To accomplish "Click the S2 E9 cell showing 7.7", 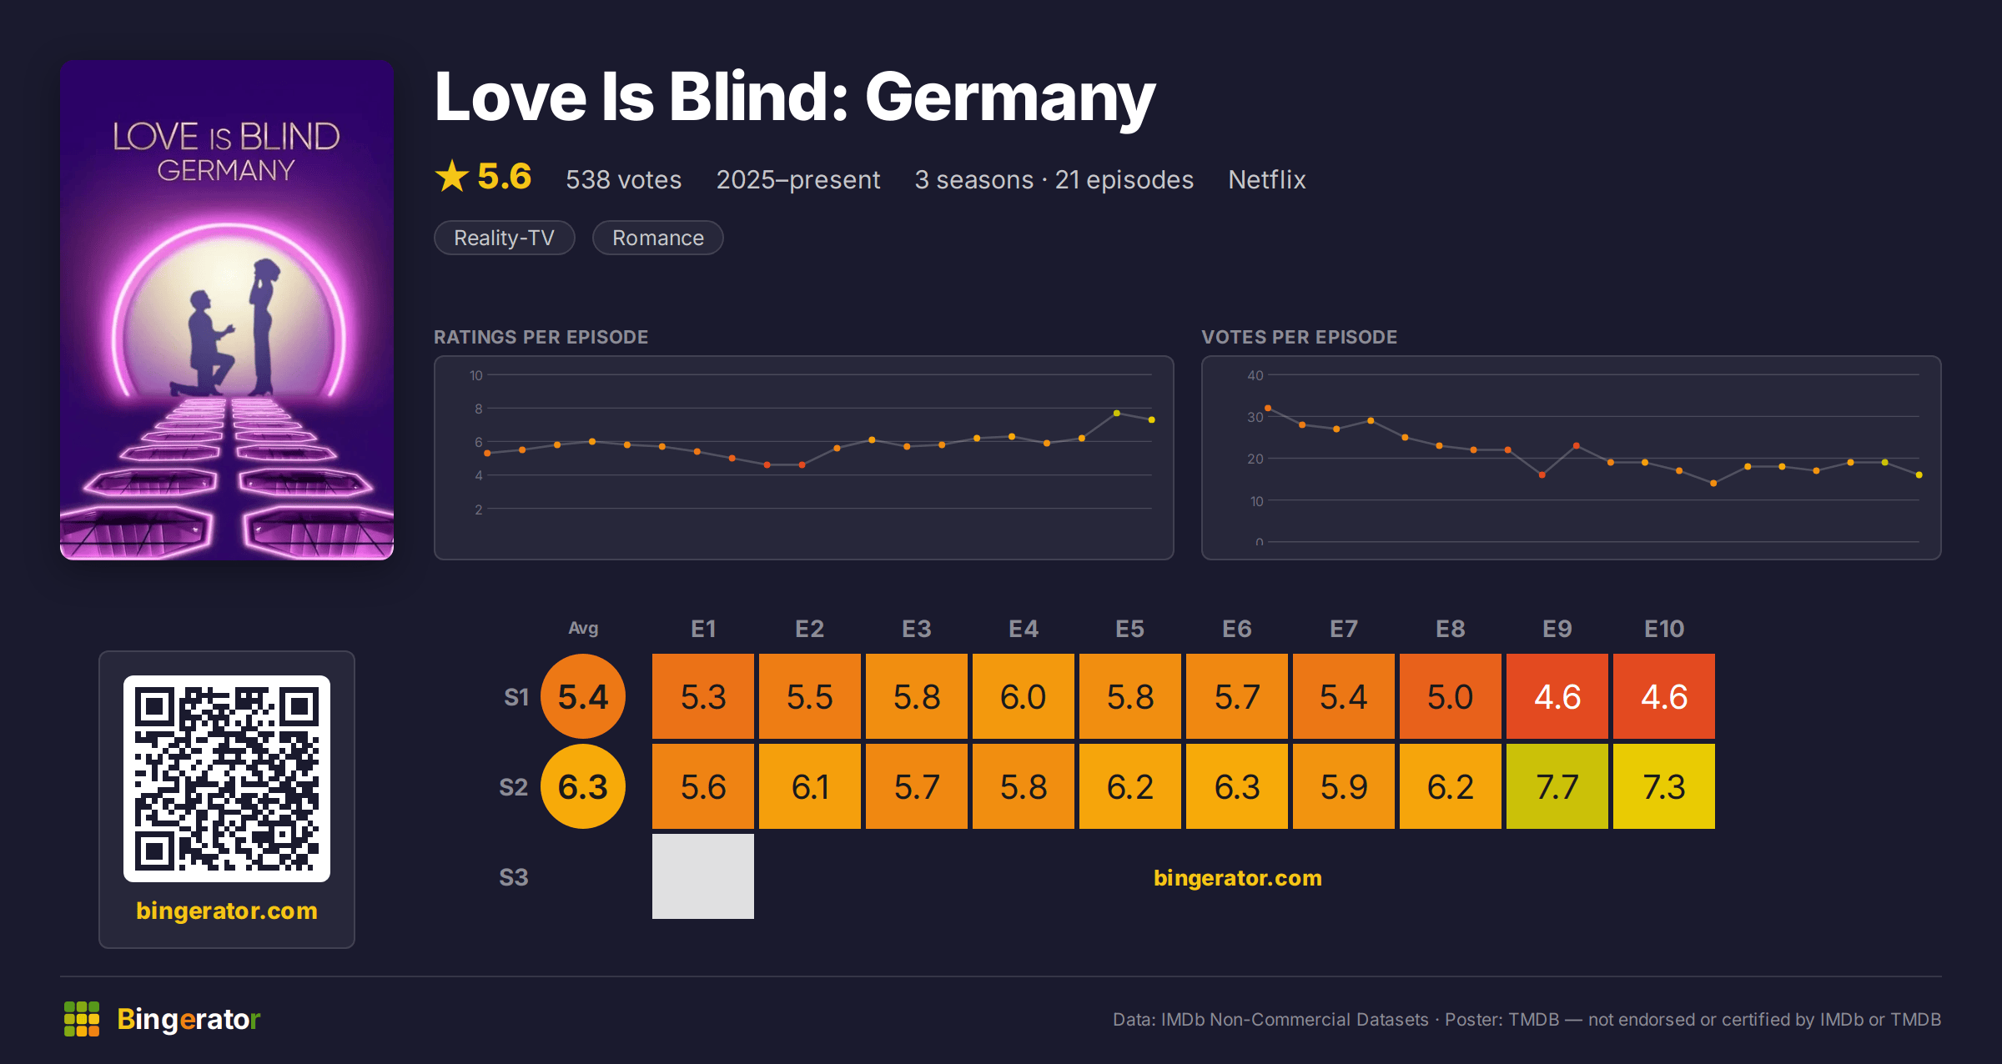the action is (1557, 786).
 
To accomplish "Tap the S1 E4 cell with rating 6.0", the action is (1023, 696).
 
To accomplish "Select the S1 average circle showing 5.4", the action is (583, 696).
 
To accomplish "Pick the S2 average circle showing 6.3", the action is (583, 786).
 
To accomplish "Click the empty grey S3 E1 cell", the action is (702, 876).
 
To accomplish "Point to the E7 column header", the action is (1343, 629).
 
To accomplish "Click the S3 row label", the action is (514, 877).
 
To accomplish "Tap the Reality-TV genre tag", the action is (505, 238).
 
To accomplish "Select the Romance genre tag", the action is (658, 238).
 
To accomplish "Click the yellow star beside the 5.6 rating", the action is (452, 176).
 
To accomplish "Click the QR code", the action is (227, 779).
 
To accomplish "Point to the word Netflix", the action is (1266, 179).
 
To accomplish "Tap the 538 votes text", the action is (623, 179).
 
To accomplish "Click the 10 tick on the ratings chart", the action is (475, 375).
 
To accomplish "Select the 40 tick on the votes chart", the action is (1255, 375).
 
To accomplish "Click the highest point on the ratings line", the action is (1116, 413).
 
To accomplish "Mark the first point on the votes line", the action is (1268, 408).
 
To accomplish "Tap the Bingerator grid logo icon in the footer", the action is (82, 1019).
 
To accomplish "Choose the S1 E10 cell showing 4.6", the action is (1663, 696).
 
